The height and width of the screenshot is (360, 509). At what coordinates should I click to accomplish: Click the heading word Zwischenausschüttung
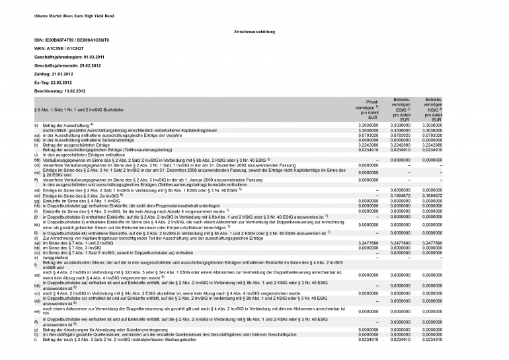pyautogui.click(x=255, y=32)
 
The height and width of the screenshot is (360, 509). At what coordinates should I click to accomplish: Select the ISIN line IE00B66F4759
pyautogui.click(x=71, y=40)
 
